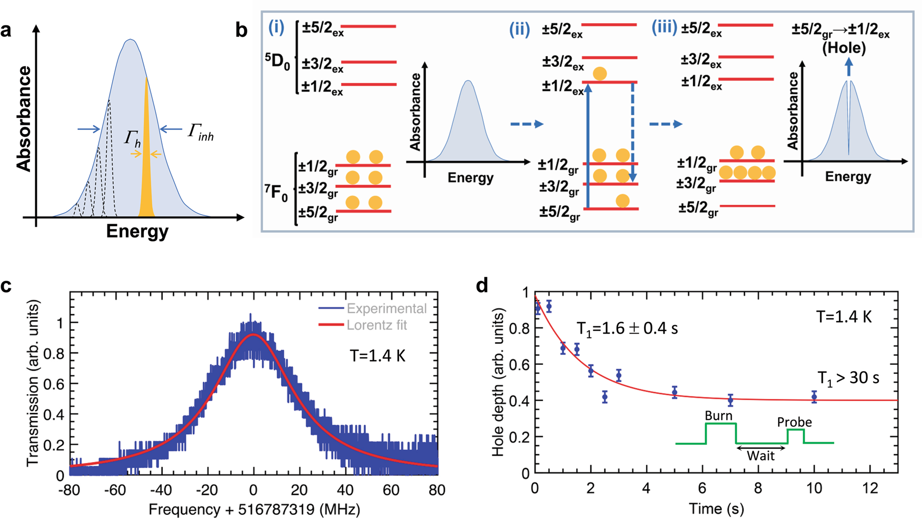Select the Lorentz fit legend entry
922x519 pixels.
pos(376,325)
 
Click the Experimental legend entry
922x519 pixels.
pos(386,308)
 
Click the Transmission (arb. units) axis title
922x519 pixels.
pos(33,383)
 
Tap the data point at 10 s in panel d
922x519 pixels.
pos(814,397)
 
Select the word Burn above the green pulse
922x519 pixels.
pos(718,415)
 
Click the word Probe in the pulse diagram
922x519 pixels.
pos(794,422)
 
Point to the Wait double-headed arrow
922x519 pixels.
pos(761,448)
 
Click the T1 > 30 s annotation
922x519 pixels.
pos(848,378)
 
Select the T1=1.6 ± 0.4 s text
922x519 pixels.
pos(627,329)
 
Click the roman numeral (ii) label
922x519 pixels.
pos(519,29)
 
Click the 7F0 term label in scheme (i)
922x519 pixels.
pos(276,193)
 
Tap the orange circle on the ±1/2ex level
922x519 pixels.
pos(599,73)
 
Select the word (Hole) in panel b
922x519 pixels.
pos(844,48)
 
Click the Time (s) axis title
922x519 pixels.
pos(716,508)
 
